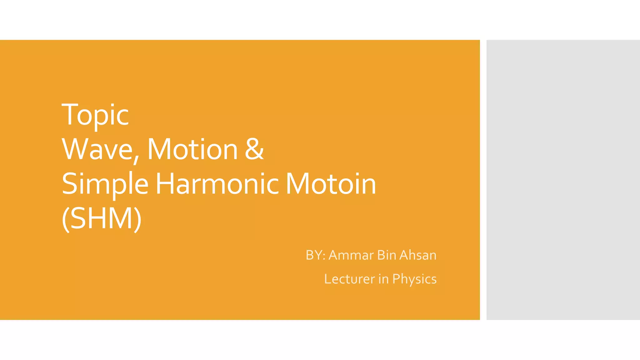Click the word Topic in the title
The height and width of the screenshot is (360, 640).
[x=95, y=115]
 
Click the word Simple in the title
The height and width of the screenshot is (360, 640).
[x=105, y=184]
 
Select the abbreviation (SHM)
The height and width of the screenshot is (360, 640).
[x=102, y=218]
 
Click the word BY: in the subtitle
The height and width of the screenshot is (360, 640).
[x=316, y=255]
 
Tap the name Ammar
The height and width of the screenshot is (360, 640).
[x=351, y=255]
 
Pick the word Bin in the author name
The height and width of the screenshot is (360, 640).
[x=387, y=255]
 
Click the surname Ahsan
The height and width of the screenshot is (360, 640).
[x=418, y=255]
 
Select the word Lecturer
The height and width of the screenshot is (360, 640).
[x=349, y=279]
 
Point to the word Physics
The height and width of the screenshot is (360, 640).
[x=414, y=279]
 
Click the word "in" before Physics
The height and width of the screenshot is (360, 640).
[x=383, y=279]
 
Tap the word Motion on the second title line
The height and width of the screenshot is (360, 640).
[x=192, y=149]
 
